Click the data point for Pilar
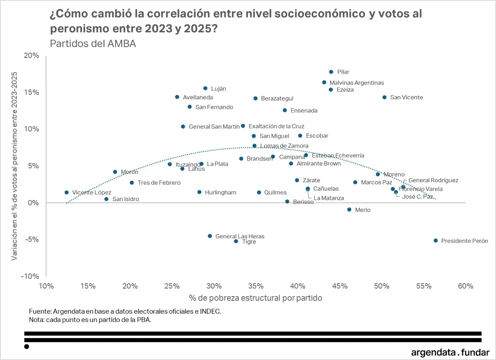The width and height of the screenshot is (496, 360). [331, 72]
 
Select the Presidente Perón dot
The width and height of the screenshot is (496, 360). [436, 241]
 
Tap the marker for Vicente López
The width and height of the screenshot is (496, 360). [67, 192]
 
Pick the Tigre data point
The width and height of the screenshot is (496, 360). [236, 241]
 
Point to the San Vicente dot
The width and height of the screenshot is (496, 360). [384, 97]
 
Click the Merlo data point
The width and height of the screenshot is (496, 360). [349, 210]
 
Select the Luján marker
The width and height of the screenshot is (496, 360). [205, 88]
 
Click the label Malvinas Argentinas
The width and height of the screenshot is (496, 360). [357, 83]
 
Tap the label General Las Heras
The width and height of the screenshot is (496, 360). [240, 236]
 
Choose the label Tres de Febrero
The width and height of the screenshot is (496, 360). [159, 183]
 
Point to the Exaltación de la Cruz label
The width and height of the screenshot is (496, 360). [276, 126]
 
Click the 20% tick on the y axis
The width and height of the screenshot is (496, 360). [32, 56]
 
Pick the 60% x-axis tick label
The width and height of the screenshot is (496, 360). [465, 286]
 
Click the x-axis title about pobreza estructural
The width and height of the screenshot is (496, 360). [256, 298]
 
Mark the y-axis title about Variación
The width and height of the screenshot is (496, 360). [14, 165]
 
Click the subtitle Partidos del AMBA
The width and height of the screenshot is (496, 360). [93, 43]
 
